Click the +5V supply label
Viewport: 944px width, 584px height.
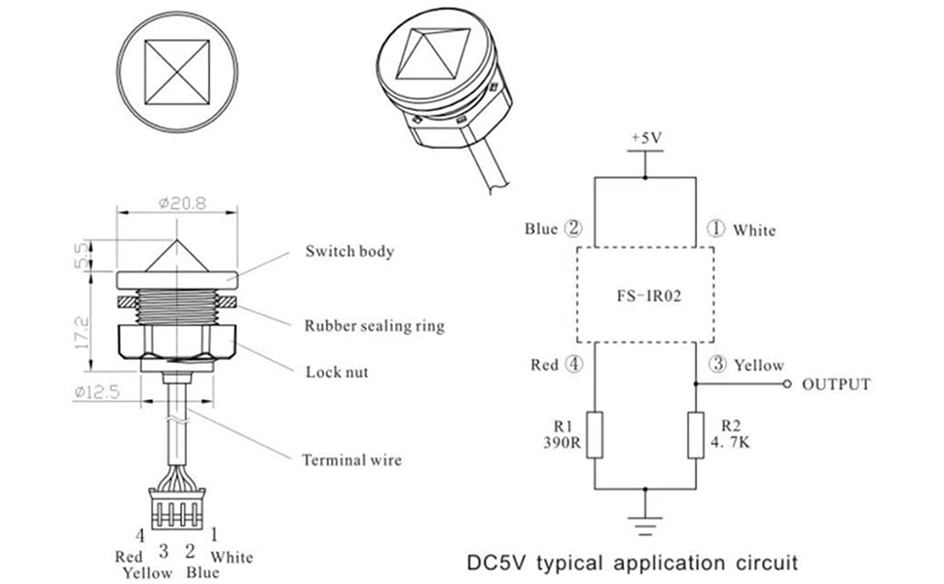pos(646,138)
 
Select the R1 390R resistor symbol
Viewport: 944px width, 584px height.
pos(595,435)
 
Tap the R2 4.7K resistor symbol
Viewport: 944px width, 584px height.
pos(696,435)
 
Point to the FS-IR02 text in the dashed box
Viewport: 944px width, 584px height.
pos(649,296)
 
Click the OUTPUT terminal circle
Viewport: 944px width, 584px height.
pos(787,383)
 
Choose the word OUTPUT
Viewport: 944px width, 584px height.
pos(836,384)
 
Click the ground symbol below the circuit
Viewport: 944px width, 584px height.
pos(645,525)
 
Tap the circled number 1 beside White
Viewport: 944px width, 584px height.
pos(715,229)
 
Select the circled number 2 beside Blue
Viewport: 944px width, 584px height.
pos(573,228)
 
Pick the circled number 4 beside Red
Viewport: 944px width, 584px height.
pos(574,364)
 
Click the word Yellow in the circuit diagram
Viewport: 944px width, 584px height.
pos(759,365)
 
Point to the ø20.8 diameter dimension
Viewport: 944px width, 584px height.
pos(182,203)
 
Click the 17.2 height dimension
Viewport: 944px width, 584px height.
pos(82,333)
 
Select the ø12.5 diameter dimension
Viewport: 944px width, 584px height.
pos(97,392)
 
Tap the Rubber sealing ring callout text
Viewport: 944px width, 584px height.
pos(375,326)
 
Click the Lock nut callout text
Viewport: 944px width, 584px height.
pos(337,372)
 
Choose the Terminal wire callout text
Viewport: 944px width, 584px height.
pos(351,460)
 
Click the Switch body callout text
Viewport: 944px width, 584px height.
pos(349,251)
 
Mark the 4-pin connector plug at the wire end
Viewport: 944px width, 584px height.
pos(177,508)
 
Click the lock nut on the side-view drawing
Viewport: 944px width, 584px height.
pos(177,341)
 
